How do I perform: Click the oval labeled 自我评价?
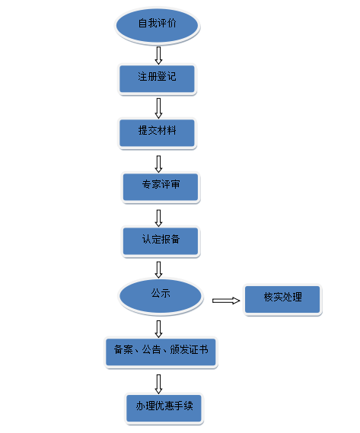click(158, 26)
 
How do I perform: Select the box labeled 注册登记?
click(158, 79)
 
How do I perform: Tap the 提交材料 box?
click(158, 133)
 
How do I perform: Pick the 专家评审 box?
click(161, 187)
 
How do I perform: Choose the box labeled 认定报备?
click(161, 241)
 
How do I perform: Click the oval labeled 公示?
click(161, 296)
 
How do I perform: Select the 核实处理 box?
click(282, 300)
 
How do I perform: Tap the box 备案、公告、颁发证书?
click(161, 352)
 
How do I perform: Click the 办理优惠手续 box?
click(164, 408)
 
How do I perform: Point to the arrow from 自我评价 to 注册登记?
click(158, 56)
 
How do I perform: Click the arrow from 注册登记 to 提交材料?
click(158, 108)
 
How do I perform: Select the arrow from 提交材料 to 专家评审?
click(158, 164)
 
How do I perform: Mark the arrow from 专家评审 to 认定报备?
click(158, 218)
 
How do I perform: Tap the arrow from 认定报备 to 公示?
click(158, 269)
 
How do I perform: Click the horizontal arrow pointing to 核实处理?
click(226, 301)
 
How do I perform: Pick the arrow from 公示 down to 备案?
click(158, 329)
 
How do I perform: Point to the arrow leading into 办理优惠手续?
click(158, 384)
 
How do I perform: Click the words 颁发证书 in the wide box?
click(189, 349)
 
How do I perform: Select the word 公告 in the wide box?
click(151, 349)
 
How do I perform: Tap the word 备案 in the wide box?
click(123, 349)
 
